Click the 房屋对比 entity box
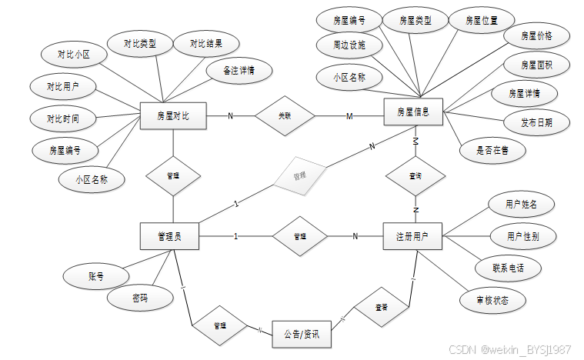(172, 116)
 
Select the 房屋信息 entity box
(413, 112)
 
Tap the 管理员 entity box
(169, 235)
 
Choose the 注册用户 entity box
(412, 235)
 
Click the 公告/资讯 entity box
(301, 335)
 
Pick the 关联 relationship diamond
(285, 116)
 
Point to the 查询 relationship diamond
(415, 176)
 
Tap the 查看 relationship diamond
(381, 307)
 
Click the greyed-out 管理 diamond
(299, 175)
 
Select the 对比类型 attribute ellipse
(139, 44)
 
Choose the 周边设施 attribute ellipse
(349, 45)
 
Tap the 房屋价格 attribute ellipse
(536, 35)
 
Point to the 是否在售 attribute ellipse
(492, 151)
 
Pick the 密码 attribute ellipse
(139, 298)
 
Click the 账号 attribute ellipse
(95, 276)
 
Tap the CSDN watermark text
(509, 349)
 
